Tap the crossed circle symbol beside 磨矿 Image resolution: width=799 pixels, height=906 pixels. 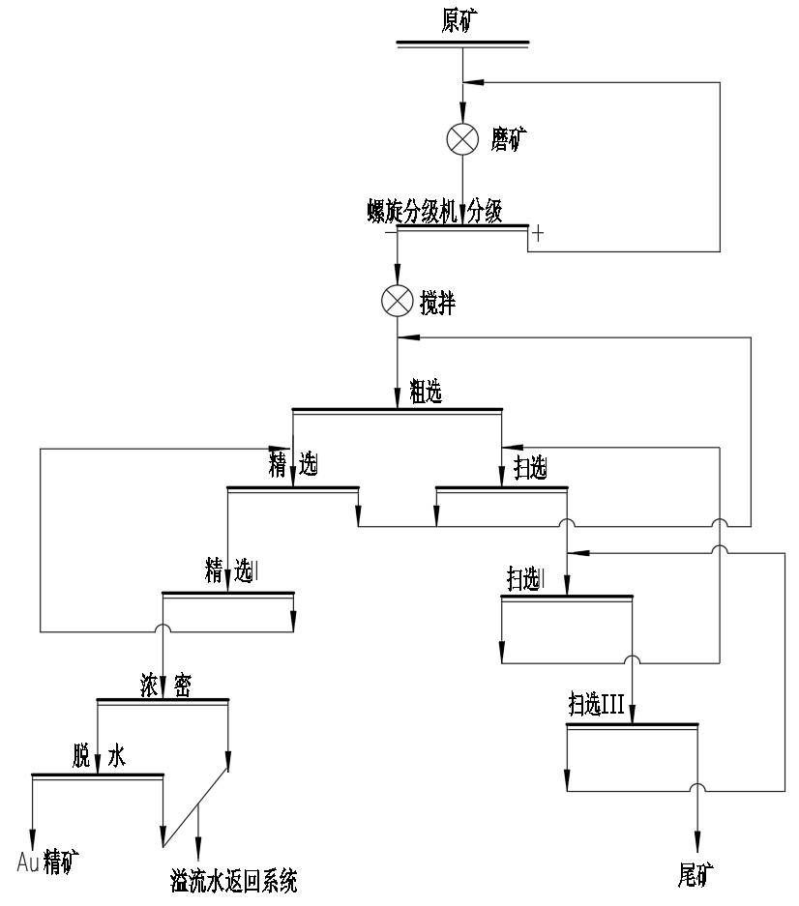462,140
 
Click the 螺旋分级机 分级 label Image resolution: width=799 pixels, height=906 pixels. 434,212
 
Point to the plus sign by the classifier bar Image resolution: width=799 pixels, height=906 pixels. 538,233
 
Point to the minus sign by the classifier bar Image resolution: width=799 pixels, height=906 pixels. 390,233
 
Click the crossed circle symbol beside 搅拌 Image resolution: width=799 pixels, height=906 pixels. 397,302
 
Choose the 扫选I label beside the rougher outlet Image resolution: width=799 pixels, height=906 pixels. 528,470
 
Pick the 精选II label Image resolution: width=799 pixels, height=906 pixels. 229,570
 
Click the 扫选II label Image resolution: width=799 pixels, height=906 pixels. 526,579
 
